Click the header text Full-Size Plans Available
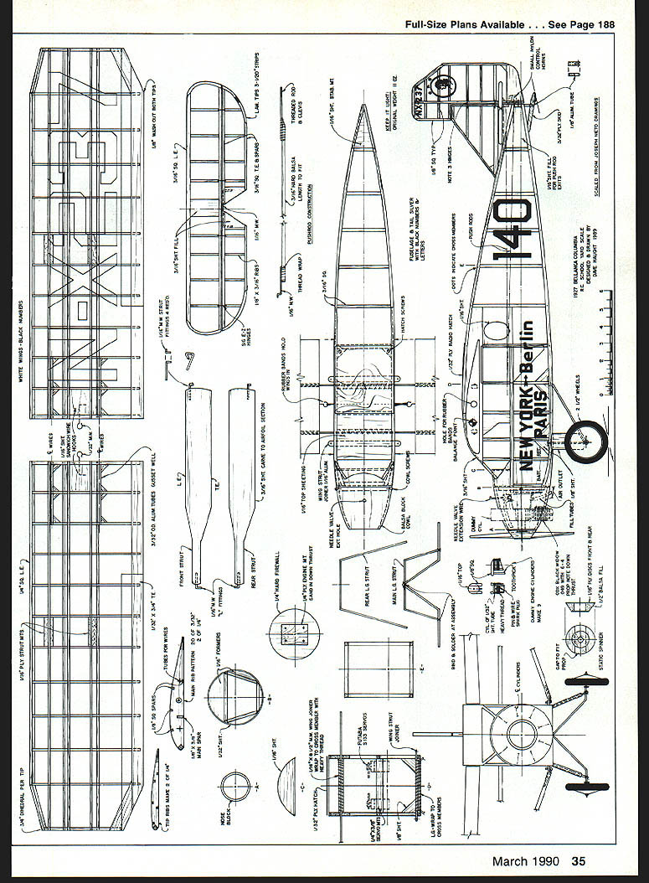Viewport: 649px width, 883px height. [x=469, y=24]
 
